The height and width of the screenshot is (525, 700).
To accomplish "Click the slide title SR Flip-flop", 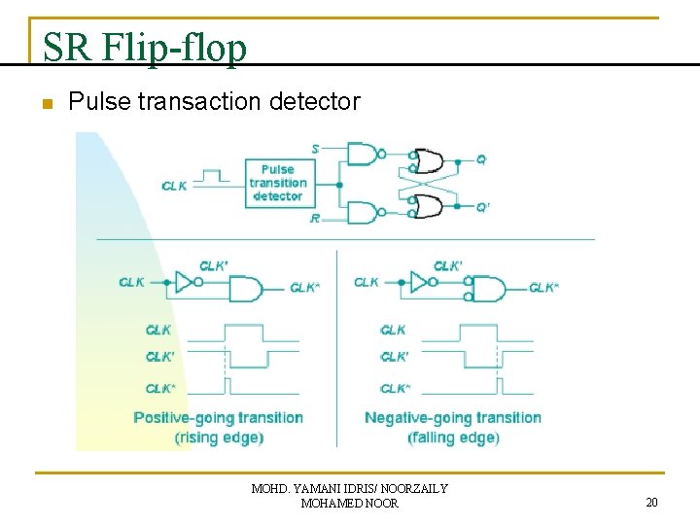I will (x=145, y=47).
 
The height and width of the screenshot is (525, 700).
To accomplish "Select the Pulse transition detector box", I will (x=277, y=183).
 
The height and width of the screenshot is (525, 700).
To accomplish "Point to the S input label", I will (x=315, y=149).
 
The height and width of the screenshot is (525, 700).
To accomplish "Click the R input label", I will (x=314, y=219).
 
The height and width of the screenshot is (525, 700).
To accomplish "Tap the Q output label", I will (x=481, y=158).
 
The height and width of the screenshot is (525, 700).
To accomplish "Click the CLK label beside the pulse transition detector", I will (x=175, y=186).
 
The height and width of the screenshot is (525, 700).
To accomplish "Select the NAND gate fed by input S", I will (x=363, y=154).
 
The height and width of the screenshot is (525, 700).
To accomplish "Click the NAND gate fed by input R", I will (x=363, y=212).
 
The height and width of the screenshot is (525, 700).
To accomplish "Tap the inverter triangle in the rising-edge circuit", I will (x=184, y=283).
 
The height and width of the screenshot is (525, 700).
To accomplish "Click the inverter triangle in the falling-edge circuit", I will (x=419, y=283).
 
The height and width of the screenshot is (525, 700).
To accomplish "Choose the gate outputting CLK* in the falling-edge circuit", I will (x=487, y=289).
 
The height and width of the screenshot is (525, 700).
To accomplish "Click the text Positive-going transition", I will (x=219, y=418).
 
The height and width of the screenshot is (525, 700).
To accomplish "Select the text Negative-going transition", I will (x=452, y=418).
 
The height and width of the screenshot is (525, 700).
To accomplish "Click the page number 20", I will (x=651, y=502).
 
